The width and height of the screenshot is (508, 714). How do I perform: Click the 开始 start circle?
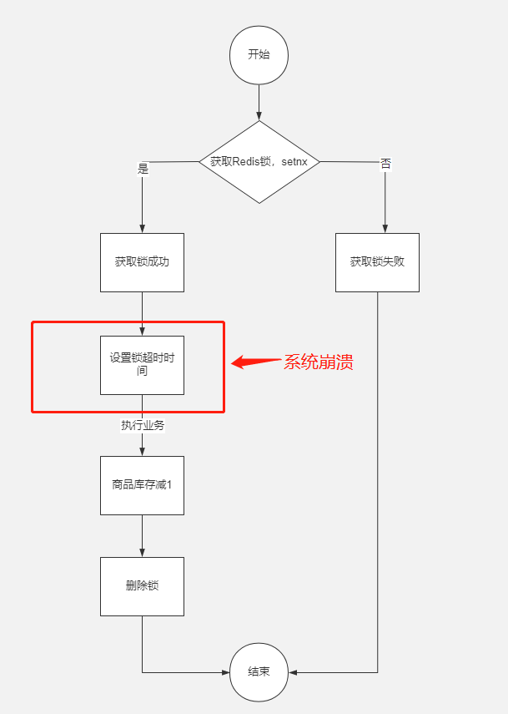[x=259, y=54]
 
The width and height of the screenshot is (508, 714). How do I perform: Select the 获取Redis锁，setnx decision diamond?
[x=259, y=162]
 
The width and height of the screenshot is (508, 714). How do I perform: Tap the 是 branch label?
[x=142, y=169]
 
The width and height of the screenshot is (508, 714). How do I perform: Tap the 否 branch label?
[x=385, y=163]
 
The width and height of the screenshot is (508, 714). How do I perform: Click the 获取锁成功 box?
[x=142, y=262]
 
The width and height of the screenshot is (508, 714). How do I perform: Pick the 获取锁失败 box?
[x=377, y=262]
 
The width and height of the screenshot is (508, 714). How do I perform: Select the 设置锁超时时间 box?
[x=142, y=365]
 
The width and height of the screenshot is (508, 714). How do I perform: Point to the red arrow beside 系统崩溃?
[x=255, y=362]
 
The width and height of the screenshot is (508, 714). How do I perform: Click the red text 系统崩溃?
[x=319, y=362]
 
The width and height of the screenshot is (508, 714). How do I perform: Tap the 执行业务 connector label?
[x=143, y=425]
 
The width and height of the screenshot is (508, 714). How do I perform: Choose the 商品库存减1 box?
[x=142, y=485]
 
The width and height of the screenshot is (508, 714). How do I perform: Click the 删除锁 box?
[x=142, y=586]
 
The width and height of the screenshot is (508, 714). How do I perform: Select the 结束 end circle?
[x=259, y=672]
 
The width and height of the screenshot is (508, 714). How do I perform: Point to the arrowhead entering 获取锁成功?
[x=142, y=228]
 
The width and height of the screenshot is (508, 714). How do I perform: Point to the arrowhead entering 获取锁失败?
[x=385, y=228]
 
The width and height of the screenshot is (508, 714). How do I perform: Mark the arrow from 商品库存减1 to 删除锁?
[x=142, y=536]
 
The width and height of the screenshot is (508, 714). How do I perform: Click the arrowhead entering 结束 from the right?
[x=293, y=672]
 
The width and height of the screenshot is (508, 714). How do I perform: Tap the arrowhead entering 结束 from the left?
[x=225, y=672]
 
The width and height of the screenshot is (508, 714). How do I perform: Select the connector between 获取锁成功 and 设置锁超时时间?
[x=142, y=314]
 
